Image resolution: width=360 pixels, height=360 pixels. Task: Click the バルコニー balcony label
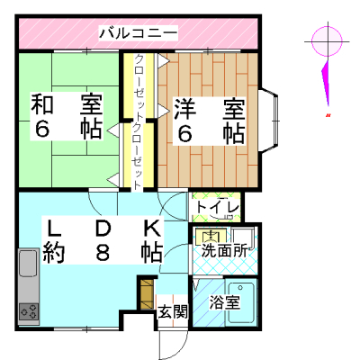coord(139,33)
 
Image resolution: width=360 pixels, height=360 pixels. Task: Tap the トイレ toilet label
coord(218,207)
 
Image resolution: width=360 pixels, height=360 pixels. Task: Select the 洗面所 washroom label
coord(224,250)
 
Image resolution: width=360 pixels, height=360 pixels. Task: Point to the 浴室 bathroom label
coord(225,302)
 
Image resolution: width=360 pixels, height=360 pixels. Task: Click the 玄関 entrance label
coord(173,311)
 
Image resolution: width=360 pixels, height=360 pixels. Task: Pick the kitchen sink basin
coord(28,263)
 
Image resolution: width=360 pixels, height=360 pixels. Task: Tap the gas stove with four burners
coord(29,311)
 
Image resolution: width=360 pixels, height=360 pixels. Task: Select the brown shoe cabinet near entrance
coord(147,293)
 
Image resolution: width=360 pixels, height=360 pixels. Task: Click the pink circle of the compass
coord(327,41)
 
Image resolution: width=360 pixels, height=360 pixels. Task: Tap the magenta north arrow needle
coord(326,84)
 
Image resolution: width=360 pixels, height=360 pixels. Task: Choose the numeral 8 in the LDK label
coord(103,252)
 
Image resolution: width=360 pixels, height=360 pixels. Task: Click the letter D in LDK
coord(103,228)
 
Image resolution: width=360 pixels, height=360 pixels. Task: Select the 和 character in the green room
coord(42,104)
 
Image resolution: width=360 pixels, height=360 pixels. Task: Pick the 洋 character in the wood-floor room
coord(185,108)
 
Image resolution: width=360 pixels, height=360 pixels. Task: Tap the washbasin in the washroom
coord(211,237)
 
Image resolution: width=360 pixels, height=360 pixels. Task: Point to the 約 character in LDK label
coord(54,252)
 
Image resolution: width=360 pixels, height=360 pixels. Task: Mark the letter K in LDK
coord(153,228)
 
